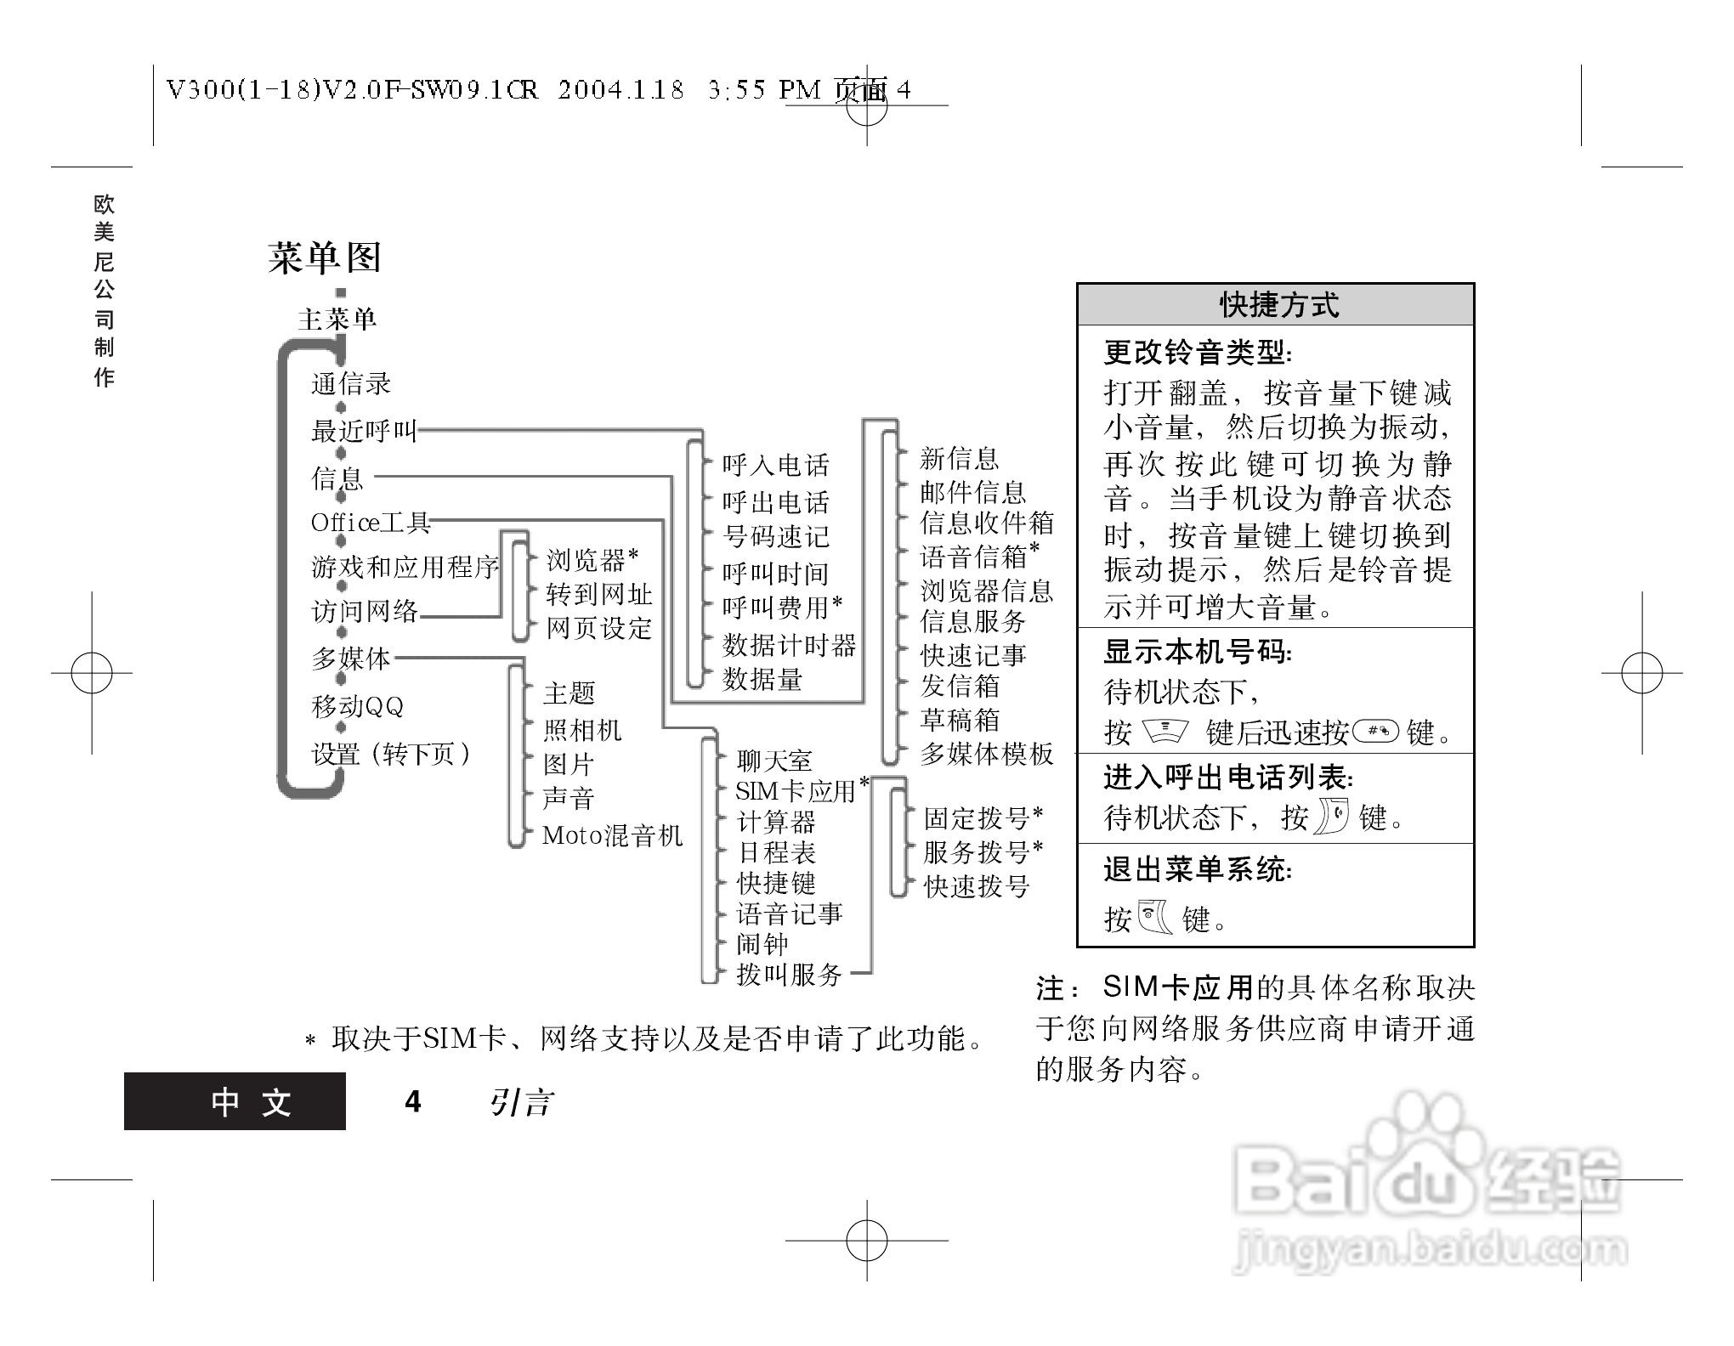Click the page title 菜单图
325,257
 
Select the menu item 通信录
350,384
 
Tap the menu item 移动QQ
357,706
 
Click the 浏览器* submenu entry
592,559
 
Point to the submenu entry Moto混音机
612,835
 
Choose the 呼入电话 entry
775,465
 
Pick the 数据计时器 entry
789,645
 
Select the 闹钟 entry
762,943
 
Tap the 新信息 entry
959,459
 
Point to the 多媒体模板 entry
987,754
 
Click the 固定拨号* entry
983,818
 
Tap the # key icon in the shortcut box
1374,730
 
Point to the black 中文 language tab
235,1101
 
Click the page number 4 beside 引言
413,1101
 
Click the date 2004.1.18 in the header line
620,90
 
